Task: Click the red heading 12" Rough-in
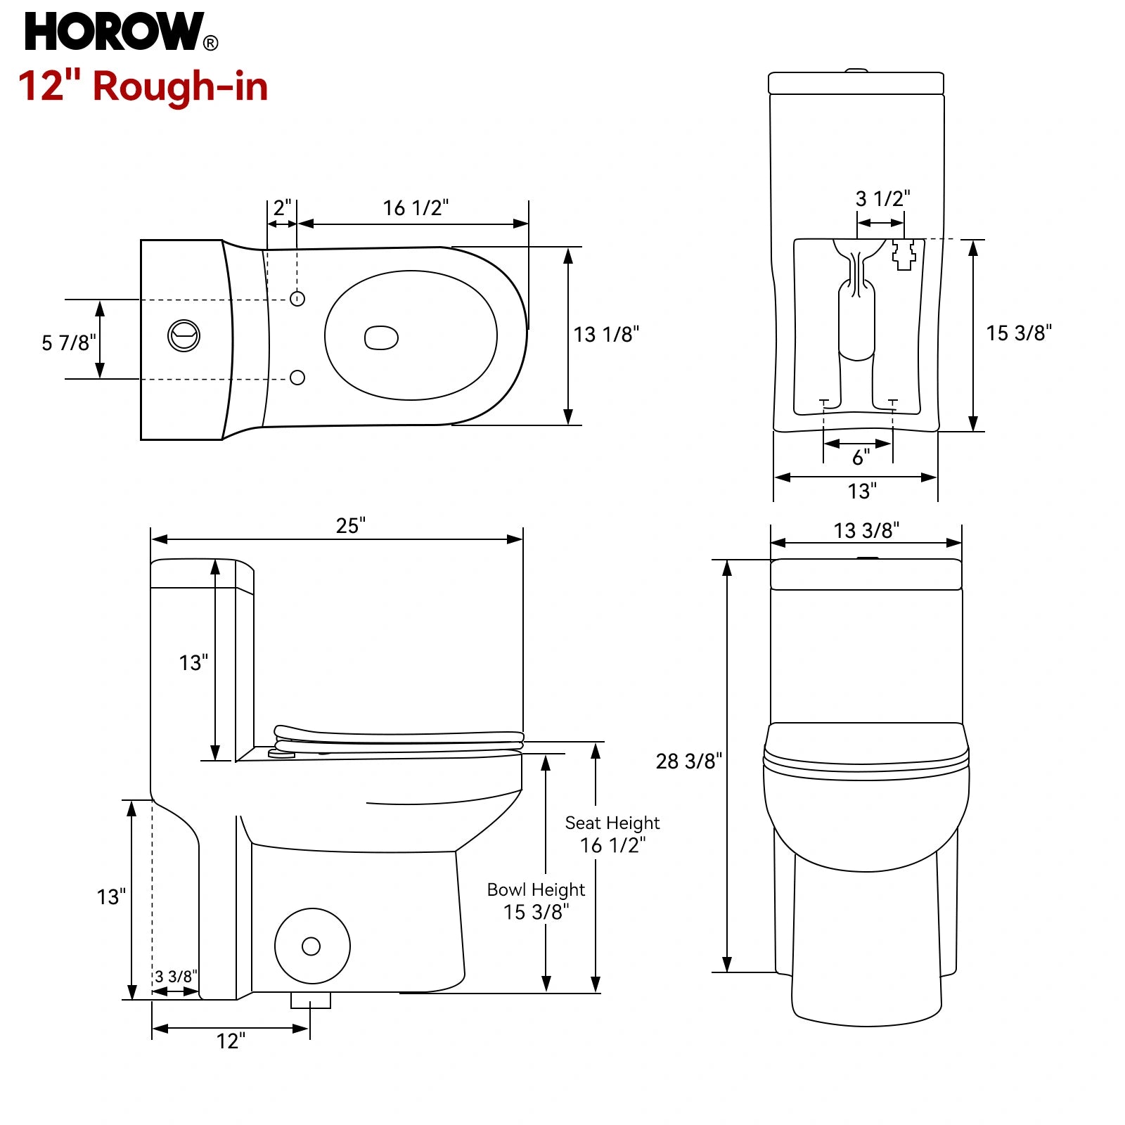pyautogui.click(x=143, y=86)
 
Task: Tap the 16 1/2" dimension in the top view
pyautogui.click(x=416, y=207)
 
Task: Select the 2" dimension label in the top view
pyautogui.click(x=282, y=207)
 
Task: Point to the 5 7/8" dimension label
pyautogui.click(x=69, y=342)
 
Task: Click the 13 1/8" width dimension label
pyautogui.click(x=606, y=334)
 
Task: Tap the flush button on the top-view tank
pyautogui.click(x=184, y=335)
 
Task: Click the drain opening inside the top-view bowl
pyautogui.click(x=381, y=337)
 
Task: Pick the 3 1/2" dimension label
pyautogui.click(x=882, y=198)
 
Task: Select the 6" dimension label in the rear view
pyautogui.click(x=861, y=458)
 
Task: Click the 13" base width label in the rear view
pyautogui.click(x=862, y=491)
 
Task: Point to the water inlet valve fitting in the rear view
pyautogui.click(x=904, y=254)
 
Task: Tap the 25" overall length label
pyautogui.click(x=351, y=525)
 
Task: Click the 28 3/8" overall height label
pyautogui.click(x=689, y=761)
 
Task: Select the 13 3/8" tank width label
pyautogui.click(x=866, y=530)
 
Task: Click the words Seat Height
pyautogui.click(x=612, y=823)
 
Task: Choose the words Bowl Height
pyautogui.click(x=536, y=889)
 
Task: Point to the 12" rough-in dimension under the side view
pyautogui.click(x=231, y=1041)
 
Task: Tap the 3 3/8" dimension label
pyautogui.click(x=176, y=976)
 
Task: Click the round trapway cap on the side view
pyautogui.click(x=312, y=946)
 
